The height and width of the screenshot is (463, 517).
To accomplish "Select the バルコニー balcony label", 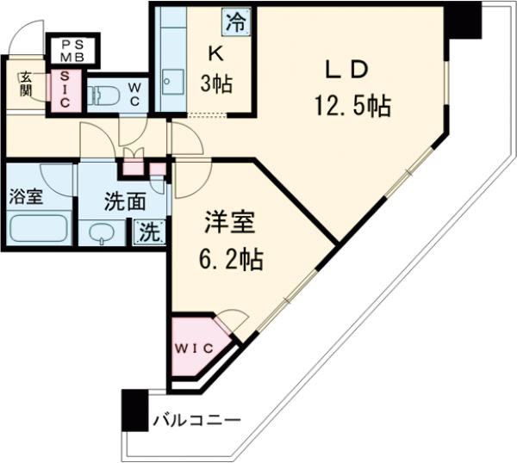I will coord(196,422).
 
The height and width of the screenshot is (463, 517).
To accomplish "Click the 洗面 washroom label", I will coord(125,203).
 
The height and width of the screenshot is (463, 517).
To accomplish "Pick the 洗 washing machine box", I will coord(149,231).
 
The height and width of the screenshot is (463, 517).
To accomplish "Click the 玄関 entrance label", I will coord(25,83).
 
